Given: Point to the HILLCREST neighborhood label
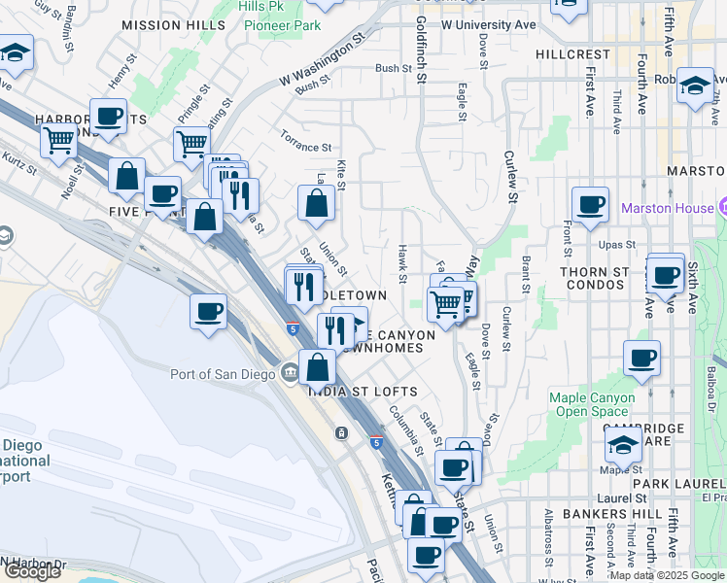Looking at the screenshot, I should tap(573, 55).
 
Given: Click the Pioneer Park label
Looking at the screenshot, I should tap(282, 25).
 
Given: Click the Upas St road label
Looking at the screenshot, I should tap(617, 245).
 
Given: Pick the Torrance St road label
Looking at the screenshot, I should tap(306, 147).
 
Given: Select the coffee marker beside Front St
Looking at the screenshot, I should tap(590, 205).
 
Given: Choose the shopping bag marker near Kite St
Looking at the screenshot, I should tap(316, 203).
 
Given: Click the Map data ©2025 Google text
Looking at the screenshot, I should tap(667, 575).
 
